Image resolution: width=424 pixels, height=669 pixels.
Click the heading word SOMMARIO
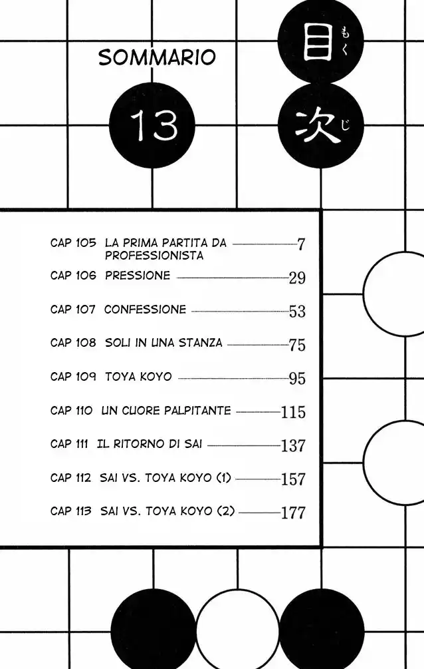click(157, 57)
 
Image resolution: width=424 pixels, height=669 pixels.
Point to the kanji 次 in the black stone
click(317, 126)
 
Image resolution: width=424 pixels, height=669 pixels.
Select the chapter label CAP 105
click(73, 243)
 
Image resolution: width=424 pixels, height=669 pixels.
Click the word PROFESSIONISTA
click(154, 256)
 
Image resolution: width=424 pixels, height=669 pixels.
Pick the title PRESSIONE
click(137, 276)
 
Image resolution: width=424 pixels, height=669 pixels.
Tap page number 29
click(297, 278)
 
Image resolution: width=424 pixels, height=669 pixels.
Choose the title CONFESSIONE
click(145, 310)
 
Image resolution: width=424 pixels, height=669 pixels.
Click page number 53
click(297, 312)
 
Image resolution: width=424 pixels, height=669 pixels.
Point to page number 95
click(297, 379)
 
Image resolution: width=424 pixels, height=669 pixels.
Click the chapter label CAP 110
click(71, 411)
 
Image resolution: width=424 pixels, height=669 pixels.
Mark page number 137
click(293, 445)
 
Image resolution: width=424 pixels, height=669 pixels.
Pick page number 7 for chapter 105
click(301, 244)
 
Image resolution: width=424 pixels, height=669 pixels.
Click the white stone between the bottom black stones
click(237, 630)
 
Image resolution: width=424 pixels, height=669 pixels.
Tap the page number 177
click(293, 513)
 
